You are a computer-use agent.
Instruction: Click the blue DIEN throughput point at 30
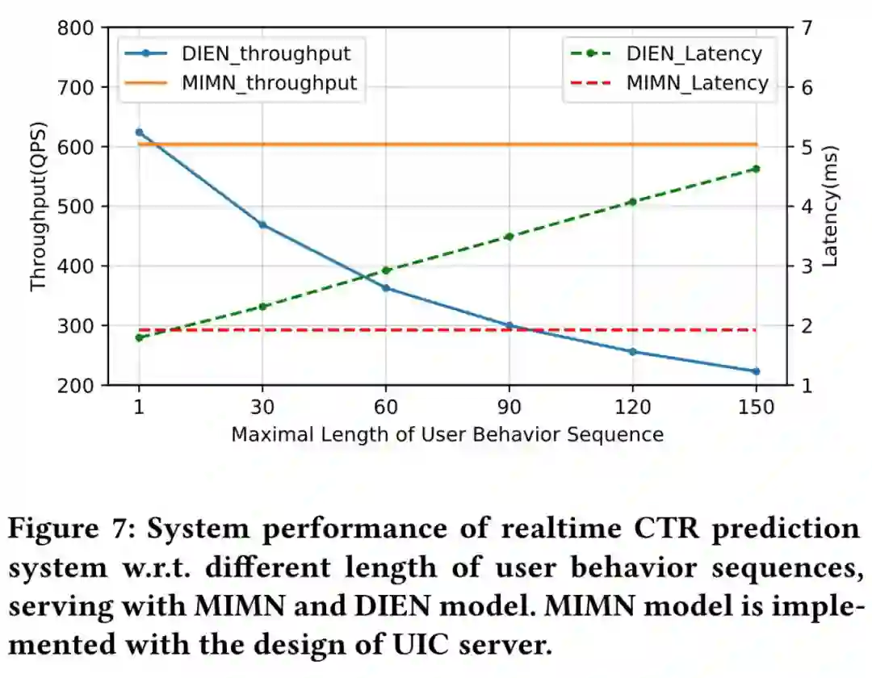point(262,224)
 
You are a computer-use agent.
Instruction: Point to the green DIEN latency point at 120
point(633,202)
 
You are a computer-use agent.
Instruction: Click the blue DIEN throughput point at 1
point(139,132)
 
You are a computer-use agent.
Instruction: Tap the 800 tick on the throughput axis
point(78,28)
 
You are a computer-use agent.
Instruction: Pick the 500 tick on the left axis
point(78,207)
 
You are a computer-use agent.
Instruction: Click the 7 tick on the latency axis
point(805,28)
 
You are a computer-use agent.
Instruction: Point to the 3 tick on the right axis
point(805,266)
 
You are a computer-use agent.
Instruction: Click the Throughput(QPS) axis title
point(38,207)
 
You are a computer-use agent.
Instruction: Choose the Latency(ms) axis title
point(831,207)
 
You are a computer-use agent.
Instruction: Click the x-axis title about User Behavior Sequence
point(447,434)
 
